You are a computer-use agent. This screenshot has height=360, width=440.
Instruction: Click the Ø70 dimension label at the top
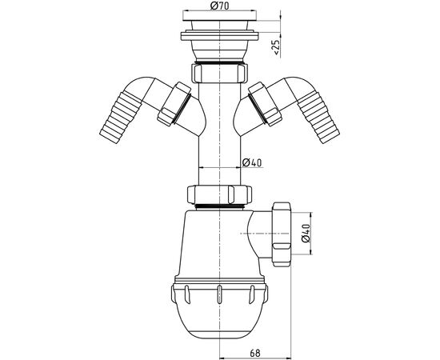[219, 6]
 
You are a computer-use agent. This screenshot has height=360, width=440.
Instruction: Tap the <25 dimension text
[276, 47]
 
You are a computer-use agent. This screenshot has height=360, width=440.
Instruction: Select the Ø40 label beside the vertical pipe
[252, 162]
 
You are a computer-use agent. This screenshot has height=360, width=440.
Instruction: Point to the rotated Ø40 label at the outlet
[306, 233]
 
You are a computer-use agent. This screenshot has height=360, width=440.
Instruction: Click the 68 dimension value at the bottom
[254, 353]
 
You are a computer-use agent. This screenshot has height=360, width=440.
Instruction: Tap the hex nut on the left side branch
[174, 104]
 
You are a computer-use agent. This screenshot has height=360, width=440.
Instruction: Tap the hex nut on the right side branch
[265, 104]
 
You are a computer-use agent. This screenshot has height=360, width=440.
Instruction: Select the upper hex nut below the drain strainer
[219, 73]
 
